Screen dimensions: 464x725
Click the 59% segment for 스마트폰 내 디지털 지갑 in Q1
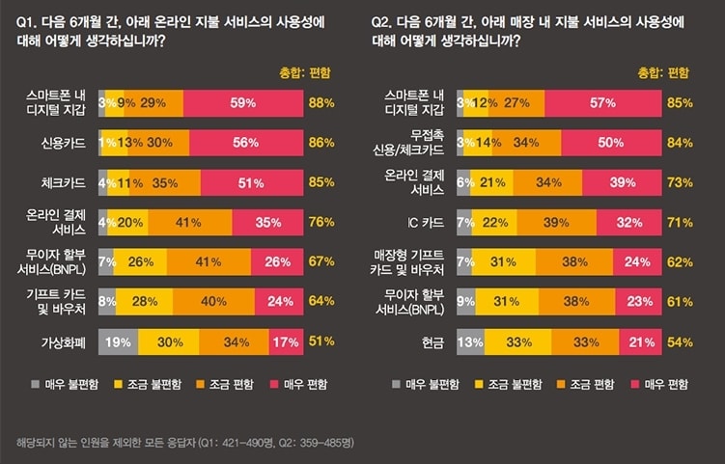241,102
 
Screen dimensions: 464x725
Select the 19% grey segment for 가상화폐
118,341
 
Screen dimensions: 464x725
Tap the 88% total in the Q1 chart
321,102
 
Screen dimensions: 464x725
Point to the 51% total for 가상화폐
321,341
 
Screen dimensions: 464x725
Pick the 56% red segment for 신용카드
245,142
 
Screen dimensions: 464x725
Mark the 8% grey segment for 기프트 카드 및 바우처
104,301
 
